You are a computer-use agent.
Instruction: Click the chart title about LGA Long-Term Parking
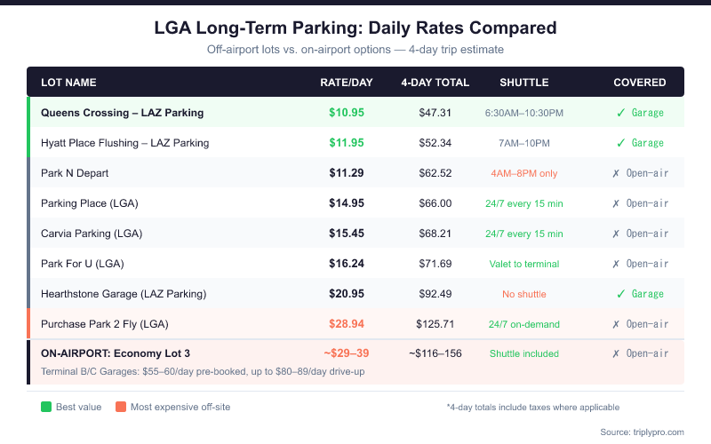click(355, 28)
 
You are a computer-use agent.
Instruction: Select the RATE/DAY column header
click(347, 83)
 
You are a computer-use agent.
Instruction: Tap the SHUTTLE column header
click(524, 83)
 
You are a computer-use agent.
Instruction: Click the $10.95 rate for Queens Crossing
click(347, 113)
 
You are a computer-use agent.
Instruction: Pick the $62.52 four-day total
click(435, 173)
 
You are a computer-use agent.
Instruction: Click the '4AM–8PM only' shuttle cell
click(524, 173)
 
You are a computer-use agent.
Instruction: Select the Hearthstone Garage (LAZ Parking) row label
click(124, 294)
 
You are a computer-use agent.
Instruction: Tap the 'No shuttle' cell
click(524, 294)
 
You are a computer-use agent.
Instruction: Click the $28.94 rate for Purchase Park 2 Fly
click(347, 324)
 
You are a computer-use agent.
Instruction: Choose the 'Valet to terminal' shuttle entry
click(524, 264)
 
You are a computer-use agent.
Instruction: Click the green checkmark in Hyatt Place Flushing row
click(621, 143)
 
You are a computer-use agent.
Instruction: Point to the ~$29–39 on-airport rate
click(347, 353)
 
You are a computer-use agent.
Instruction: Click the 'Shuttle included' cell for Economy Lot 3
click(524, 353)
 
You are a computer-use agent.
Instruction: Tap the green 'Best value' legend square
click(46, 407)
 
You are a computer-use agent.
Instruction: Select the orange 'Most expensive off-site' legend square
click(121, 407)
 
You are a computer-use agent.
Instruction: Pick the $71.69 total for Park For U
click(435, 264)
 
